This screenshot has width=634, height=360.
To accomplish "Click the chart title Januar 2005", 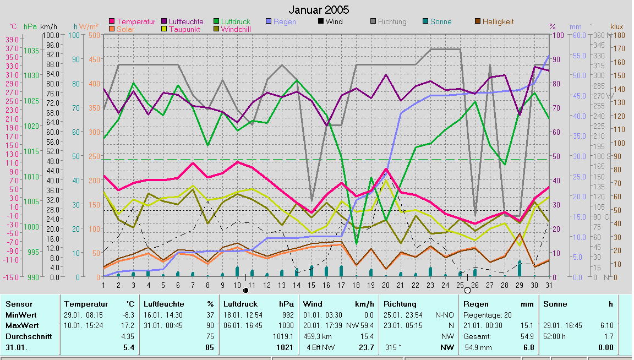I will [319, 10].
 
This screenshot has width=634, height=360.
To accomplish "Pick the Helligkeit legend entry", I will [498, 21].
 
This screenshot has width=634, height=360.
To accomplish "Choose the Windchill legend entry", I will [237, 29].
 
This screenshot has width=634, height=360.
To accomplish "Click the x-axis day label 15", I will [311, 285].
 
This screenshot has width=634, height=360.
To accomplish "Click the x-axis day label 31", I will [549, 285].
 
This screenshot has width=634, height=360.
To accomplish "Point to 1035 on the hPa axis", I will [32, 50].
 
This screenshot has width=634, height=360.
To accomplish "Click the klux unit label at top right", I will [617, 26].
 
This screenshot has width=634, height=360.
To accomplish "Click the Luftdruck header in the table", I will [237, 304].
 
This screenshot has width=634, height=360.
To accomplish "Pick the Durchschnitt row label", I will [28, 336].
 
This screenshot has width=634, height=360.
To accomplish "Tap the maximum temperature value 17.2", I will [128, 325].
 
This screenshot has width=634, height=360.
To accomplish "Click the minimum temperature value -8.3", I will [128, 315].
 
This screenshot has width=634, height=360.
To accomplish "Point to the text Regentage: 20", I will [488, 315].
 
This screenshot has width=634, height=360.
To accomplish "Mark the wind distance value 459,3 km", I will [318, 336].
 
